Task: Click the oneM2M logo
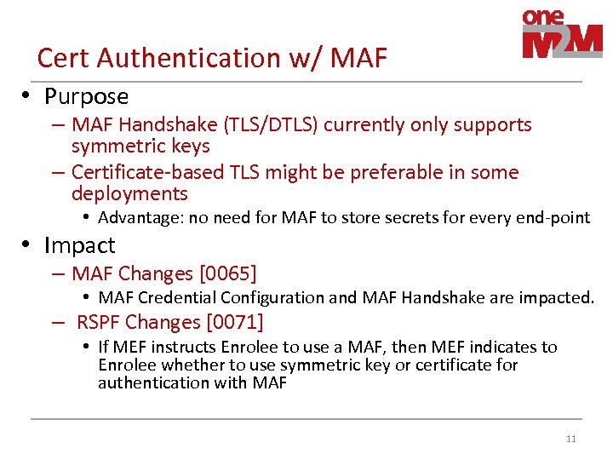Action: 562,35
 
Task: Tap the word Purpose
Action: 86,96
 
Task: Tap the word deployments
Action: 129,193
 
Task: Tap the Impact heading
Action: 79,245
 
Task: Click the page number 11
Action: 570,440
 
